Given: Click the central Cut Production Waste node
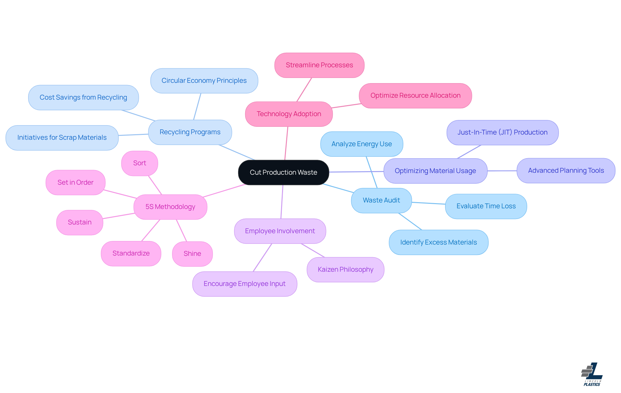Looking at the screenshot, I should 283,172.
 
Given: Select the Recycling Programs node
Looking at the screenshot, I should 190,132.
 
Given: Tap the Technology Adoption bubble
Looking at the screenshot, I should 289,114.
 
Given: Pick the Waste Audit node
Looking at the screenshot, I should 381,200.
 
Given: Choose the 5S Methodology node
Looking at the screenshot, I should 170,207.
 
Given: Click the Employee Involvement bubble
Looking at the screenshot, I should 280,231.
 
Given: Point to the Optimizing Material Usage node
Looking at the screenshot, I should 435,171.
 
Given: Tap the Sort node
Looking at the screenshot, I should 139,163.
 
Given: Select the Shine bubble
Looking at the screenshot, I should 192,254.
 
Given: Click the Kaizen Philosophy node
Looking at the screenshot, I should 345,269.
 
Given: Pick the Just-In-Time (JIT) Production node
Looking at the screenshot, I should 502,132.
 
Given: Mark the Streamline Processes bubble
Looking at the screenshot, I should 319,65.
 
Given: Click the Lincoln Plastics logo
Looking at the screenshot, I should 592,374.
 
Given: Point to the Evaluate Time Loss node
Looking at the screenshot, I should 486,206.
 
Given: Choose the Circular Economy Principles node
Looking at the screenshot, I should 204,81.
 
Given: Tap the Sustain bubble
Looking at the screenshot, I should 80,222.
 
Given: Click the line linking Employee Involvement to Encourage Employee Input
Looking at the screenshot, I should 262,257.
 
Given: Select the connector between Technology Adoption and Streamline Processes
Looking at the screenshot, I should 304,90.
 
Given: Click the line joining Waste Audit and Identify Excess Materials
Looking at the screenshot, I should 410,221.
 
